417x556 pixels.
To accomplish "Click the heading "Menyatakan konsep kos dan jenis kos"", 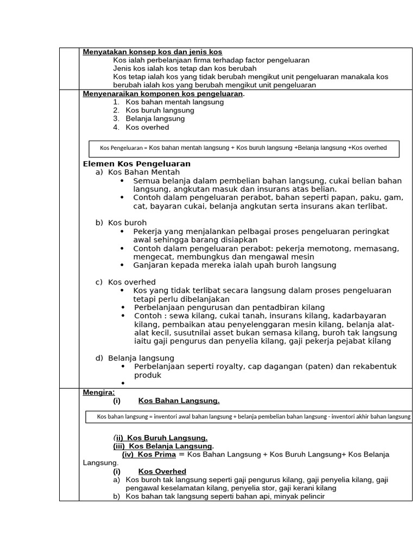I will point(153,52).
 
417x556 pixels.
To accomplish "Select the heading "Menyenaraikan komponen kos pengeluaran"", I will point(163,94).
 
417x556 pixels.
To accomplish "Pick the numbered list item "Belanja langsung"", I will point(155,119).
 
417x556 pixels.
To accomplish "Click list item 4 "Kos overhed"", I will point(147,128).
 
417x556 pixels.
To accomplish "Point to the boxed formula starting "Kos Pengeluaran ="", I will point(243,148).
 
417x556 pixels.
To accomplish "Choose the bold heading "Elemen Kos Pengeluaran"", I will point(136,164).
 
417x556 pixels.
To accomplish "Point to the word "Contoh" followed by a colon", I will point(148,316).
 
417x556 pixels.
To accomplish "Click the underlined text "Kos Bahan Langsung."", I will point(179,401).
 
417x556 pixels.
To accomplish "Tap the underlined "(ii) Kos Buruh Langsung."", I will point(160,438).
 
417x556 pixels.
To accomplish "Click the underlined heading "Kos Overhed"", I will point(162,472).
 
